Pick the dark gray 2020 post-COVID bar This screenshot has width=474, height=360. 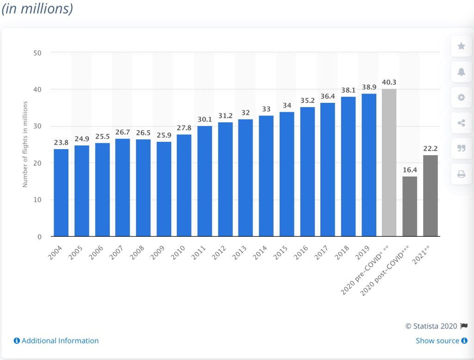[410, 206]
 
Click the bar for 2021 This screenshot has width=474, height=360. [430, 196]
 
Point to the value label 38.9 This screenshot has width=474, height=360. [369, 87]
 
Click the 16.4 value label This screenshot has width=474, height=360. [410, 170]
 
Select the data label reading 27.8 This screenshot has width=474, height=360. [184, 127]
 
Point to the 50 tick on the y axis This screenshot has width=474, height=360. [37, 53]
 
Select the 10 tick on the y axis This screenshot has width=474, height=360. [37, 200]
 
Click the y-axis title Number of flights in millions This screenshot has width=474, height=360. [25, 144]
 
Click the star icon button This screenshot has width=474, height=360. [461, 46]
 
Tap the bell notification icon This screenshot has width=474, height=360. [461, 71]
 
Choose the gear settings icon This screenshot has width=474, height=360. [461, 97]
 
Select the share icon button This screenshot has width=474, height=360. [461, 123]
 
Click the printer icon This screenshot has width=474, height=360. [461, 174]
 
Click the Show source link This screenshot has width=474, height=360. [437, 341]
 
